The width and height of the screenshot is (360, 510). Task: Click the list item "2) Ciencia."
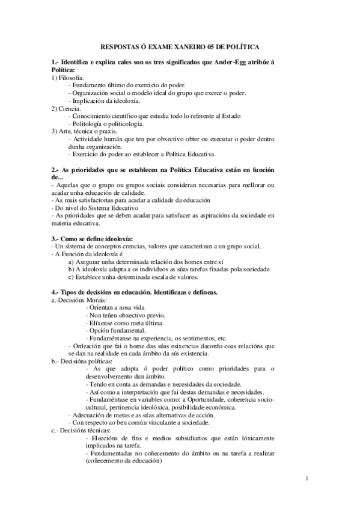pos(67,108)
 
